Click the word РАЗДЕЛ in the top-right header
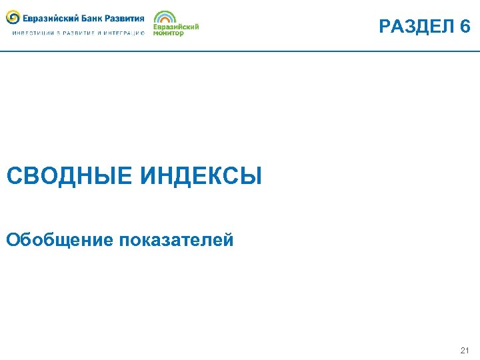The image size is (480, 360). click(415, 27)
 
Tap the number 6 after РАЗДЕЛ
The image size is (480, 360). click(465, 27)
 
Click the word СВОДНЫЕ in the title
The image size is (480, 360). click(69, 177)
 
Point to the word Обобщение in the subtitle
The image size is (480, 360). click(60, 239)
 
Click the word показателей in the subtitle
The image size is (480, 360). click(177, 239)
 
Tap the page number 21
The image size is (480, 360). click(465, 349)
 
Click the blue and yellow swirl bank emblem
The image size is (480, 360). click(13, 18)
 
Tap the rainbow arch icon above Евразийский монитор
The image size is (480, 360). click(165, 17)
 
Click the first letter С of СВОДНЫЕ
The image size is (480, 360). click(14, 177)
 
